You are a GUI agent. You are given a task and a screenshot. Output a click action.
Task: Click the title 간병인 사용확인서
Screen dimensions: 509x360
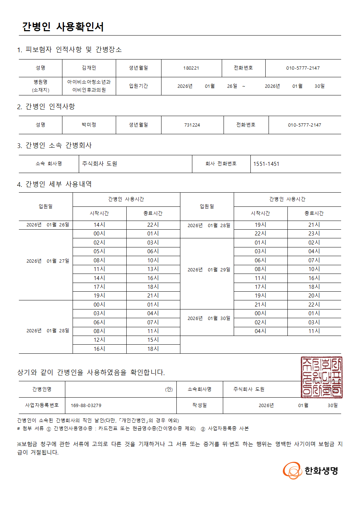point(63,27)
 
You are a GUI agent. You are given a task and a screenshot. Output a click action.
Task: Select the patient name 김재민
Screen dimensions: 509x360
point(89,68)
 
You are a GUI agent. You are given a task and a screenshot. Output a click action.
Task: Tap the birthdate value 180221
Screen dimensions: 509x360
point(191,68)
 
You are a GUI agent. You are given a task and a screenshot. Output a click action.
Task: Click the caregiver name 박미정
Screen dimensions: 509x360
point(89,125)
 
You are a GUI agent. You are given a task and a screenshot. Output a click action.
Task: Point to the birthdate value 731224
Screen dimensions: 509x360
point(192,125)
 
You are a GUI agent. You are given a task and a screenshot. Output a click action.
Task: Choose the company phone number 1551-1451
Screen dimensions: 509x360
point(266,164)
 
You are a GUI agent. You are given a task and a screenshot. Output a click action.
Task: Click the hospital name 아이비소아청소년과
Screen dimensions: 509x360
point(89,82)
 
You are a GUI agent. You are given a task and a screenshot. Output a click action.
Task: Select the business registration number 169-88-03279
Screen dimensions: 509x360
point(86,405)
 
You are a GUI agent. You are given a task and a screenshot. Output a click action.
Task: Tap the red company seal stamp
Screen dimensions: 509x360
point(321,377)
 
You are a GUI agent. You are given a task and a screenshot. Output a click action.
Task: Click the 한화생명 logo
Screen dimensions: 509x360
point(311,471)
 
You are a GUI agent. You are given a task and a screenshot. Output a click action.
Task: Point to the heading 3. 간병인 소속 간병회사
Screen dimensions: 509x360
point(54,145)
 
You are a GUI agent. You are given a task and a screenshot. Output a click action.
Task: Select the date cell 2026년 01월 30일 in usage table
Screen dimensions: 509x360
point(209,319)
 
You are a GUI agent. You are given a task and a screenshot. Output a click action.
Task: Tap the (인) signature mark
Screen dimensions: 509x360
point(169,389)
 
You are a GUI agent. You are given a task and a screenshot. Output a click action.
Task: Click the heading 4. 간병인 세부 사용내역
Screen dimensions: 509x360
point(54,184)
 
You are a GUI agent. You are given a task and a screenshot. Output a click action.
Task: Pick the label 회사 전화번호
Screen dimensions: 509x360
point(221,164)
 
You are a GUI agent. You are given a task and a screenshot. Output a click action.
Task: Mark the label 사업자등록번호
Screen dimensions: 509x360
point(42,405)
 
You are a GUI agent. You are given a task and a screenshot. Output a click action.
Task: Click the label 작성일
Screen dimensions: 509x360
point(199,405)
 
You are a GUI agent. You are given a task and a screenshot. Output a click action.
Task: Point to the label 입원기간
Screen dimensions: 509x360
point(138,86)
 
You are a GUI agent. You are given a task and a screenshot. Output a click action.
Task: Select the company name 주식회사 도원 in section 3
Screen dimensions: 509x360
point(99,164)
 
